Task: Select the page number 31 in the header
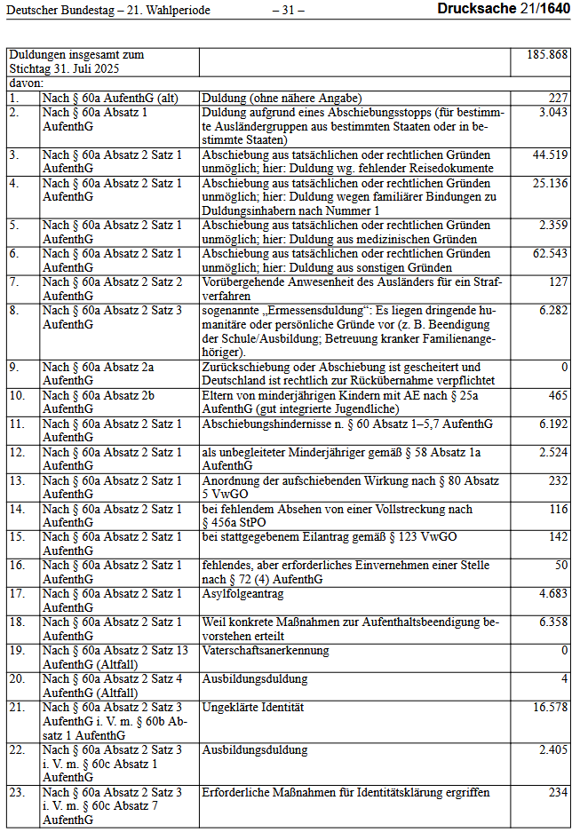pos(288,10)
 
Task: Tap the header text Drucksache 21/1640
pos(503,9)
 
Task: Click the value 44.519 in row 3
pos(550,155)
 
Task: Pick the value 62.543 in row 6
pos(550,254)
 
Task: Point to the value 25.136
pos(550,183)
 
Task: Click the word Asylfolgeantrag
pos(242,593)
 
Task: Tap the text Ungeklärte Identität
pos(253,707)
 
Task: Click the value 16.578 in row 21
pos(550,707)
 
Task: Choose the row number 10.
pos(17,395)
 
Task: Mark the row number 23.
pos(17,792)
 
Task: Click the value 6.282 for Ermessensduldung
pos(552,311)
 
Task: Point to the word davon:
pos(27,83)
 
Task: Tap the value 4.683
pos(552,593)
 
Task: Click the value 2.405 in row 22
pos(552,749)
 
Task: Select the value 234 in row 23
pos(558,792)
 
